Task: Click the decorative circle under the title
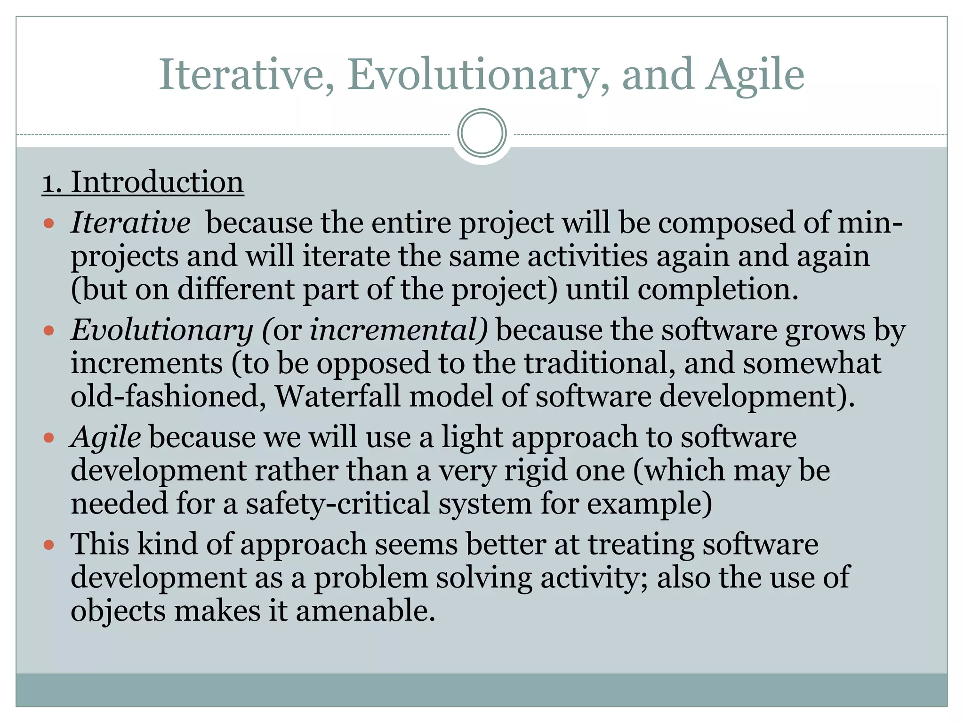482,133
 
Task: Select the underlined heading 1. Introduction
143,182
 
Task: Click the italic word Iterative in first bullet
130,223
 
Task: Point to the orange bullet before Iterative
49,223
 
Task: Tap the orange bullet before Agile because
49,438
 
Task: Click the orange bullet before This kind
49,546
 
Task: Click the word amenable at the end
365,611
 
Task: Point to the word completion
718,289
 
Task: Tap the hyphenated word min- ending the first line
870,223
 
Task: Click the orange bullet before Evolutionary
49,331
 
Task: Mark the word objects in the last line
118,611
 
